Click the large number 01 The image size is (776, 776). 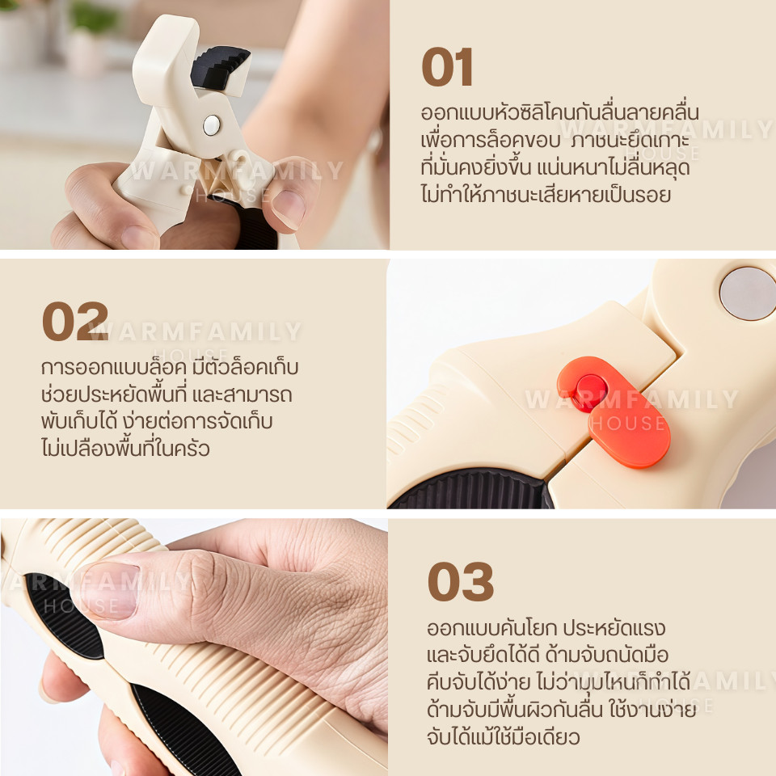tap(447, 67)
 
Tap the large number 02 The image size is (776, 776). tap(75, 322)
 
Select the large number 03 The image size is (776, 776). tap(461, 581)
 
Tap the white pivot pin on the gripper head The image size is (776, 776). tap(212, 125)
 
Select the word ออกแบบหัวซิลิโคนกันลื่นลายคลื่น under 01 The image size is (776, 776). tap(559, 113)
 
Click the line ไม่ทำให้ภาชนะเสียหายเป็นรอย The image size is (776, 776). tap(546, 194)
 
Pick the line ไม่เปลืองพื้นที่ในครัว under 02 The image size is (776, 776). tap(126, 448)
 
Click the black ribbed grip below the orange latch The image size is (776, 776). tap(470, 490)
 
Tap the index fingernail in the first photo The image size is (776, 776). tap(289, 209)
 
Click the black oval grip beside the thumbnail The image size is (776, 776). tap(65, 617)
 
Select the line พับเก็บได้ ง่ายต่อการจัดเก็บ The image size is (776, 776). tap(157, 421)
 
